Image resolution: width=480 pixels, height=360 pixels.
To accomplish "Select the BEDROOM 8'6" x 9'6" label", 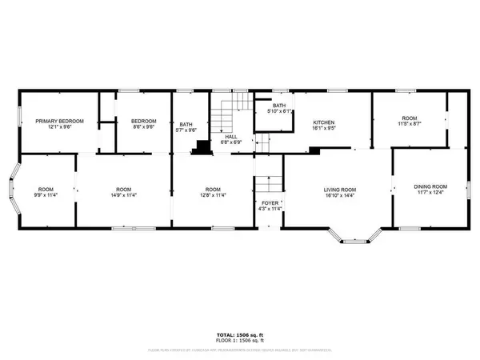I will click(x=143, y=121).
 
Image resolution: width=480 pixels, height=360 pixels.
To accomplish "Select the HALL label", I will click(x=231, y=137).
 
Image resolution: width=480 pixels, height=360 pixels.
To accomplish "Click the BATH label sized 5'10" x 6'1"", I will click(x=278, y=107).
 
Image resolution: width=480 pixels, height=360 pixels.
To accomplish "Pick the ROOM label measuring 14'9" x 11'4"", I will click(x=123, y=190).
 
